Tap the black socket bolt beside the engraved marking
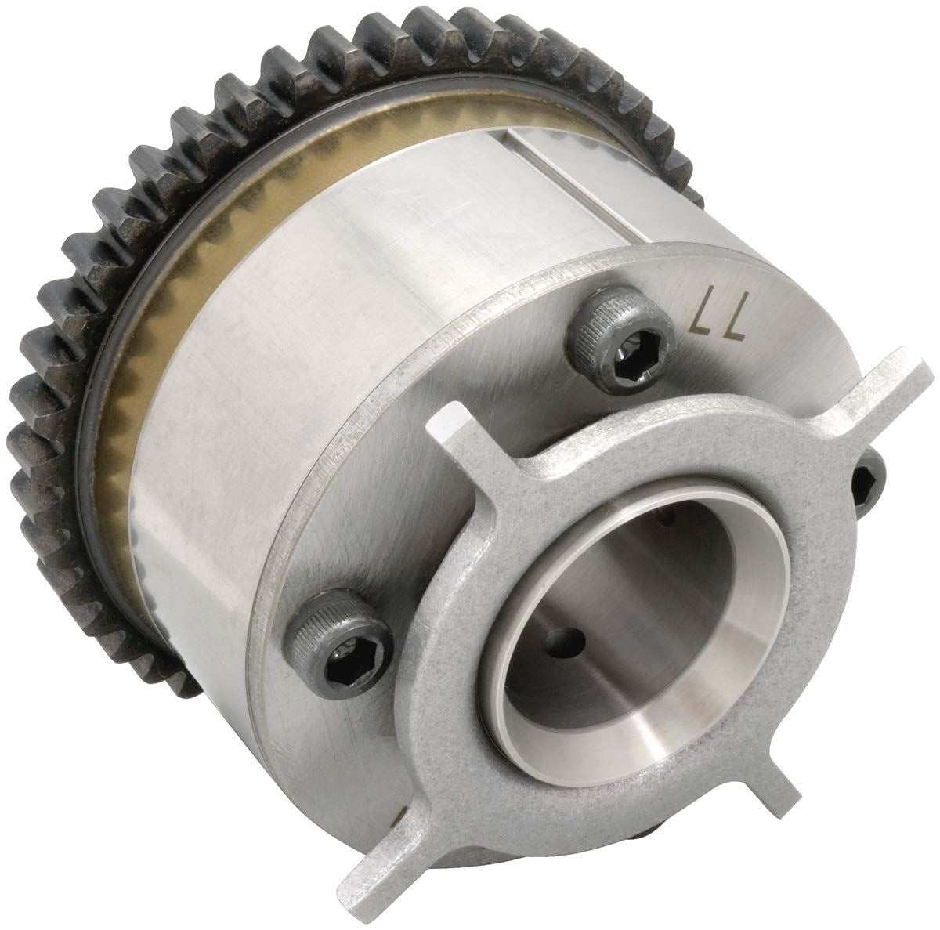[620, 339]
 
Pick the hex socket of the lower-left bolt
[347, 662]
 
